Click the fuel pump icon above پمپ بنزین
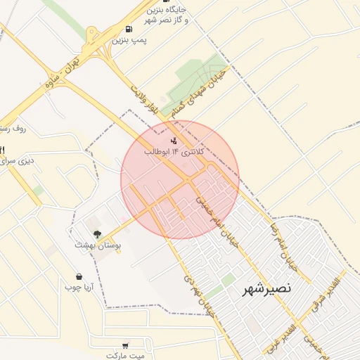tap(128, 30)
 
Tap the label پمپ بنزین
tap(130, 41)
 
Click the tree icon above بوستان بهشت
tap(97, 233)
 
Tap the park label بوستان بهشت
tap(98, 245)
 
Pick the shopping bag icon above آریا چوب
tap(79, 276)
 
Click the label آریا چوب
tap(79, 288)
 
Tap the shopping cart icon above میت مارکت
tap(125, 345)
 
